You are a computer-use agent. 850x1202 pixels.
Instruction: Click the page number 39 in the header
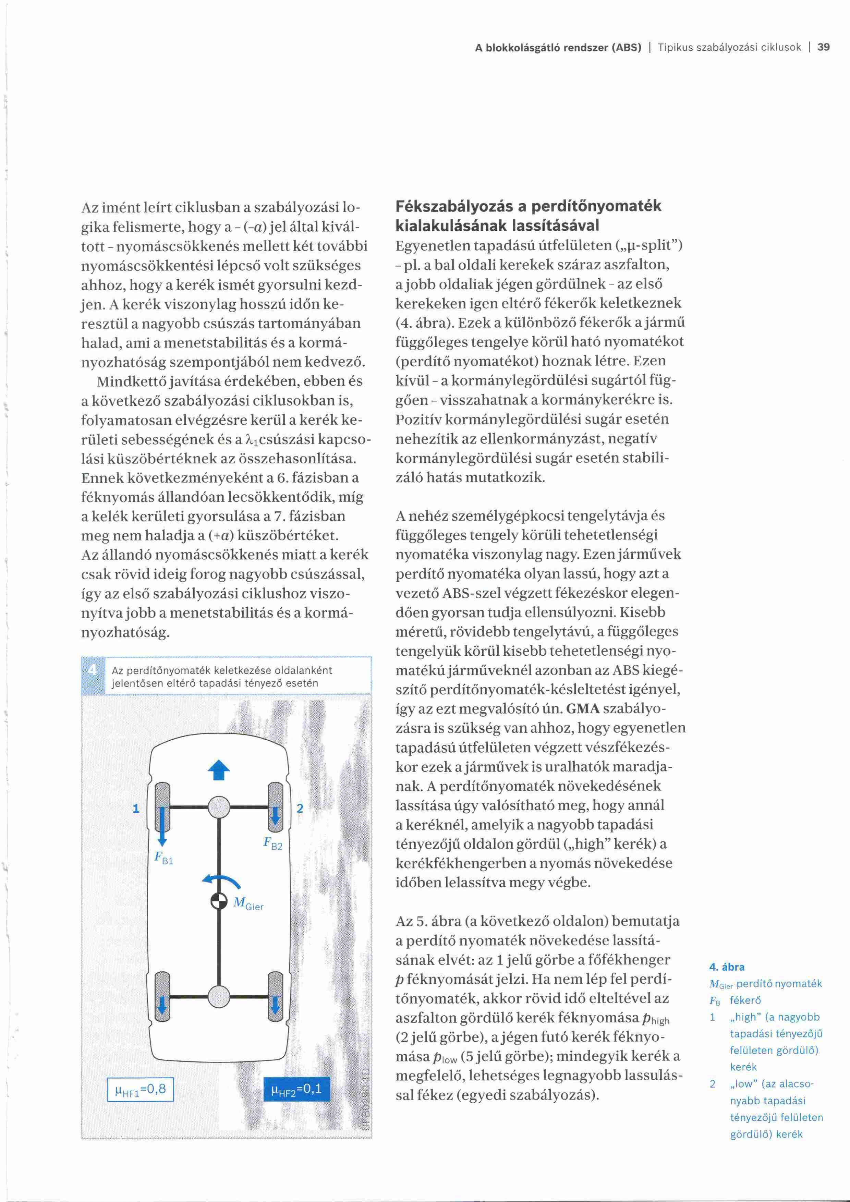[x=823, y=48]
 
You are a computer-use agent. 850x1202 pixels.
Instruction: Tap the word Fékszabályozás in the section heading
[x=450, y=206]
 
